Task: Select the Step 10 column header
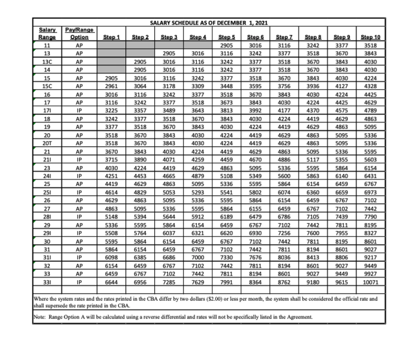(370, 37)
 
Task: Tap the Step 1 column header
(112, 37)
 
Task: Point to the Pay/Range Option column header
(76, 33)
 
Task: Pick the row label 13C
(47, 61)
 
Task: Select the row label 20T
(47, 143)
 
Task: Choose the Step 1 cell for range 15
(112, 77)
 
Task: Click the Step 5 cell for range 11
(227, 45)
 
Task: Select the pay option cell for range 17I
(76, 110)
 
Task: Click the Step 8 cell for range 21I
(312, 160)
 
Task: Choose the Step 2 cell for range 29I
(140, 233)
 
